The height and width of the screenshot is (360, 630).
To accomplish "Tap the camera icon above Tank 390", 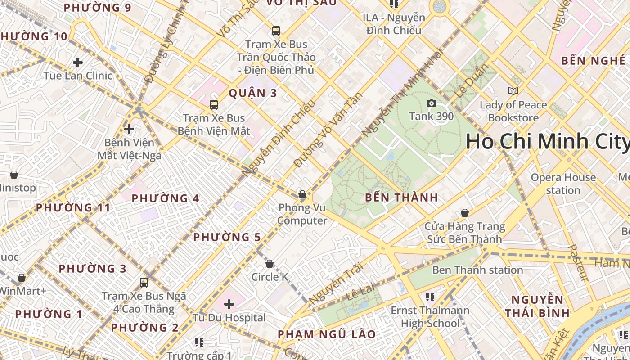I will (x=432, y=103).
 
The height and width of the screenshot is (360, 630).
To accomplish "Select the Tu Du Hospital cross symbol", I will (x=229, y=305).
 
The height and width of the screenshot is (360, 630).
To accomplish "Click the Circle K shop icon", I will (x=270, y=264).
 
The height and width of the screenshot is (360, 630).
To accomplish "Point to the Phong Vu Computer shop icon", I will (x=302, y=195).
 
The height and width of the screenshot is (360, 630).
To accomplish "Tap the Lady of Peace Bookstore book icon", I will (x=513, y=91).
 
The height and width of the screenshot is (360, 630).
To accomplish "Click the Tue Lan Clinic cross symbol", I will (x=78, y=62).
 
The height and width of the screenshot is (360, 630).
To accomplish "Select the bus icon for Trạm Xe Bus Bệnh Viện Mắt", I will (x=214, y=105).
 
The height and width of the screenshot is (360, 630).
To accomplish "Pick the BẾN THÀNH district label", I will (x=401, y=198).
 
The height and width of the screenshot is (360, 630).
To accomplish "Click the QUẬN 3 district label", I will (x=253, y=93).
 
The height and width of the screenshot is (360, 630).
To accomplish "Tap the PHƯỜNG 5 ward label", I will (x=227, y=237).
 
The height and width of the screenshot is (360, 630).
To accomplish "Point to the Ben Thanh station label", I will (x=477, y=270).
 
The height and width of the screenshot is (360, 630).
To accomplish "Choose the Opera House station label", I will (x=563, y=184).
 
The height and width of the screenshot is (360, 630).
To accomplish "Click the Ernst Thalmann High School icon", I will (x=430, y=297).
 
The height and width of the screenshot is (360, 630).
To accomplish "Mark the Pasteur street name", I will (x=578, y=263).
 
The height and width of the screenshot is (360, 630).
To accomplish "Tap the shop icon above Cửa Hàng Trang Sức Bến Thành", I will (x=464, y=213).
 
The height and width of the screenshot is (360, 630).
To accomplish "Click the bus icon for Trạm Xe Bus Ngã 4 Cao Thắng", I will (x=144, y=283).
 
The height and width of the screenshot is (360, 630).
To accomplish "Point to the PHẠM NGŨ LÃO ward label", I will (x=326, y=334).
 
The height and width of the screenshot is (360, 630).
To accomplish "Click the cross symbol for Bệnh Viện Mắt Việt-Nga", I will (x=129, y=130).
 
